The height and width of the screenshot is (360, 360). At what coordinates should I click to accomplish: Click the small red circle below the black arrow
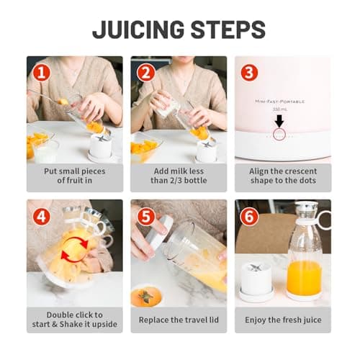click(x=279, y=134)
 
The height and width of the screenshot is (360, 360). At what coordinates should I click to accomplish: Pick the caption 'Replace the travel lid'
click(x=178, y=318)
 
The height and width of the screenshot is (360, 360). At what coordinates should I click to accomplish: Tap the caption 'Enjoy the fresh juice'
click(x=282, y=318)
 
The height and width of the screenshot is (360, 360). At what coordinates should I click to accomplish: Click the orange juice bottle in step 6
click(x=303, y=259)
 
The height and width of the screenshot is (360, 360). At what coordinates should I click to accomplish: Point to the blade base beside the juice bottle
click(x=256, y=281)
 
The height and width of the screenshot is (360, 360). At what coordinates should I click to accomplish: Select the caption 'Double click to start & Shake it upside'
click(x=74, y=318)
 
